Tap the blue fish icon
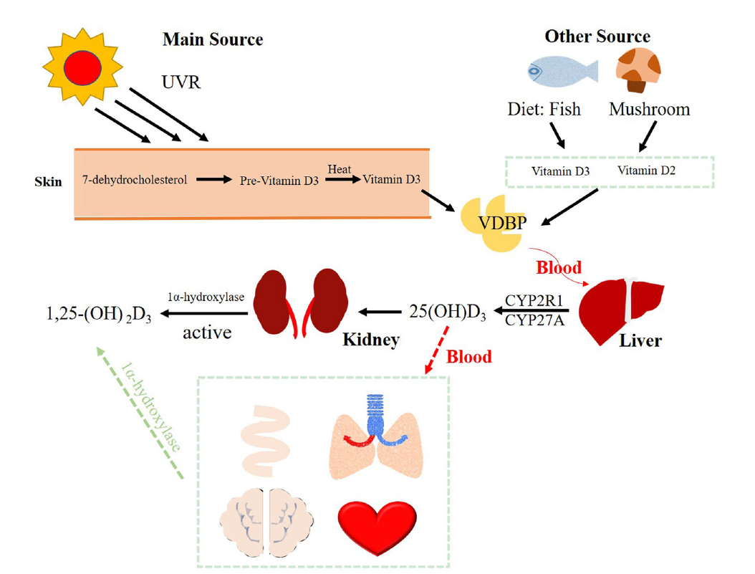562,71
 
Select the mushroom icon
639,70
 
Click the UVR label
181,82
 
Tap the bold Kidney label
371,339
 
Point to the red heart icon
377,527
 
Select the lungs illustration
375,437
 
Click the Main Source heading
213,39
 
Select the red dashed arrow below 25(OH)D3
436,350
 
